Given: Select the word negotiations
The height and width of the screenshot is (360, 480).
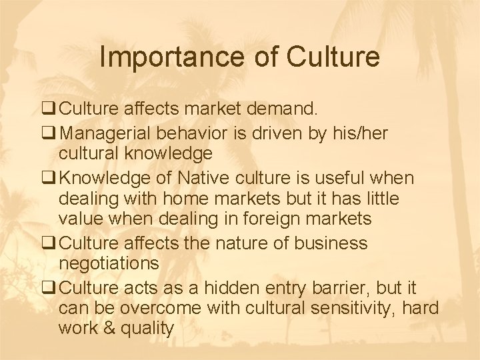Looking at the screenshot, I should tap(109, 263).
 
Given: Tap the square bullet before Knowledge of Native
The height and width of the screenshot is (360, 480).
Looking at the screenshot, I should tap(50, 179).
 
